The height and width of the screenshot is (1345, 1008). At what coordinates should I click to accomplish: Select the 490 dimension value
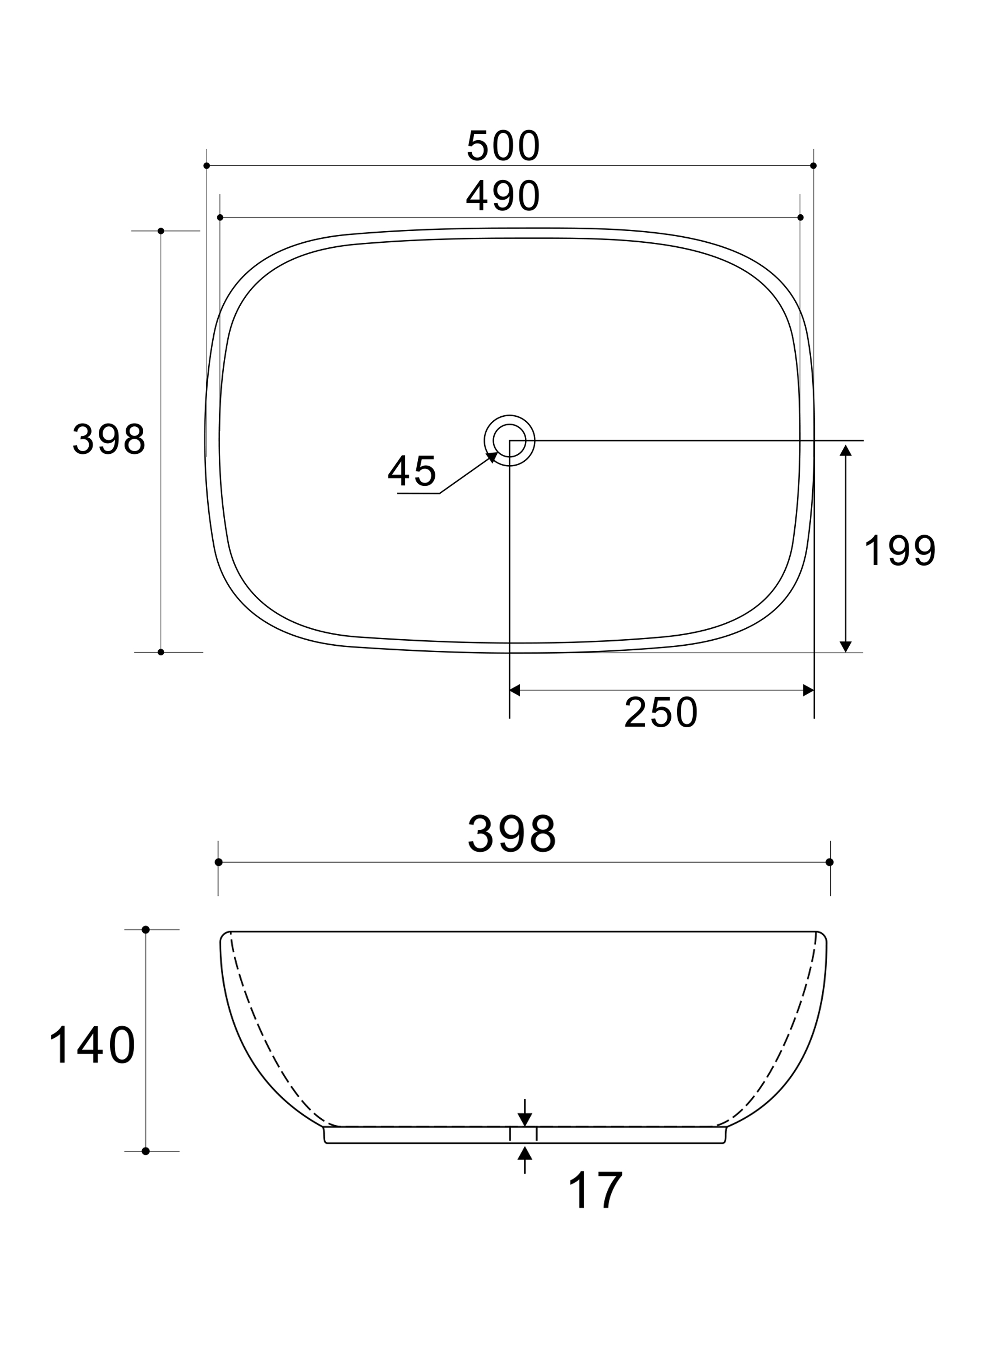(x=503, y=195)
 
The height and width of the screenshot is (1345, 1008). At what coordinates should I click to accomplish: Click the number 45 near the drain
(x=412, y=471)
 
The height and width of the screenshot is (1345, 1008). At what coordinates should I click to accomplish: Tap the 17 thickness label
(x=595, y=1191)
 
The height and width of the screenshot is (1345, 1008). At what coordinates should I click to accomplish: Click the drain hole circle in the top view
(x=509, y=415)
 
